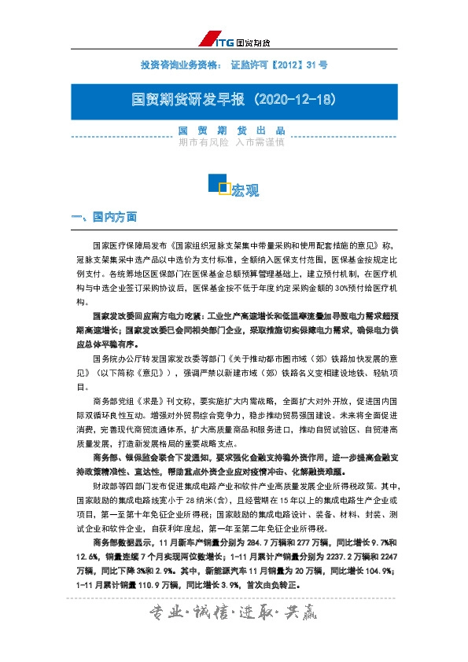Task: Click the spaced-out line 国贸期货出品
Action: point(231,131)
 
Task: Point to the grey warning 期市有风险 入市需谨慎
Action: point(231,142)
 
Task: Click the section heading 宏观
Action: point(245,189)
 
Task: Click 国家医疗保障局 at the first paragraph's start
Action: point(119,246)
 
